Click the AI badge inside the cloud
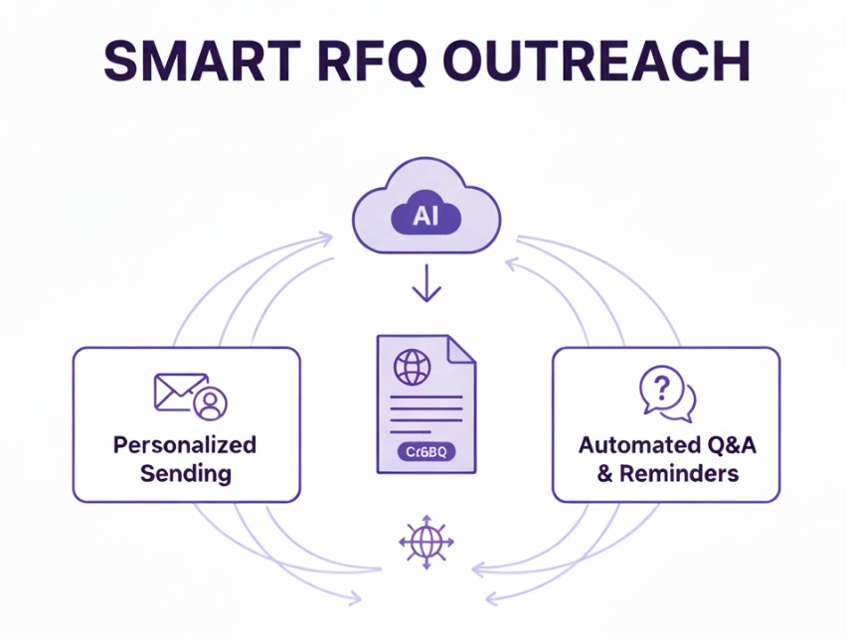coord(424,217)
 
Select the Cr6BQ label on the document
coord(424,451)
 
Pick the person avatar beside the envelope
coord(211,402)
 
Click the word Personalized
coord(185,444)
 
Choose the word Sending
coord(186,472)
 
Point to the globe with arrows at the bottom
coord(425,543)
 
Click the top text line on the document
coord(425,398)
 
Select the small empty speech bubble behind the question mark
coord(684,403)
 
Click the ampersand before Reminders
coord(604,473)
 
